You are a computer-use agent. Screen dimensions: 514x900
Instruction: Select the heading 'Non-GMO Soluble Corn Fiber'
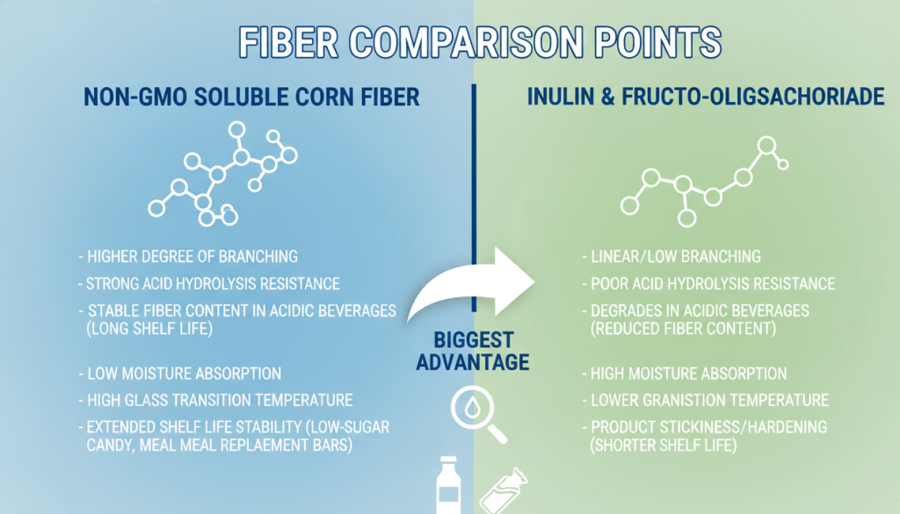pyautogui.click(x=251, y=97)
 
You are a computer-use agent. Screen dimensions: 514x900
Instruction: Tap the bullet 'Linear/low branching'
pyautogui.click(x=671, y=257)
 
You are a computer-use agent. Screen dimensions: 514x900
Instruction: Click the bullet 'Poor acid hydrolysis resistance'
pyautogui.click(x=708, y=284)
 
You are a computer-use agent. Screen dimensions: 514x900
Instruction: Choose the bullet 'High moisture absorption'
pyautogui.click(x=685, y=373)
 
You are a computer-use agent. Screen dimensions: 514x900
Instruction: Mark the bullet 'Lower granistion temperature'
pyautogui.click(x=705, y=400)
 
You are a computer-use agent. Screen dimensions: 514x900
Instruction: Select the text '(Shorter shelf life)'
pyautogui.click(x=664, y=445)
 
